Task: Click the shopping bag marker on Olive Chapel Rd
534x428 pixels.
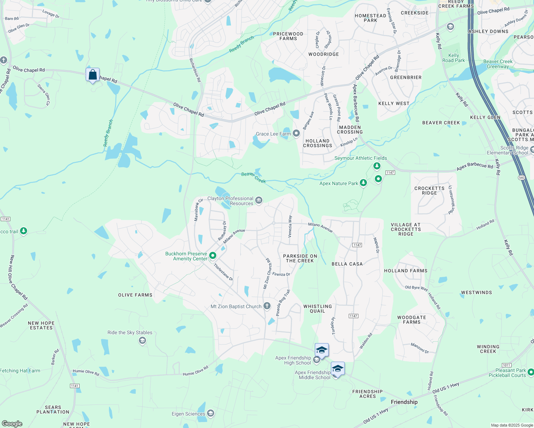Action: tap(93, 75)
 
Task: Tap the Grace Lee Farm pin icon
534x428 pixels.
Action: tap(296, 133)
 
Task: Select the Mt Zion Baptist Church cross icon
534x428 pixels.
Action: tap(267, 306)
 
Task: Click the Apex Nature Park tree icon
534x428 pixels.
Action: tap(363, 183)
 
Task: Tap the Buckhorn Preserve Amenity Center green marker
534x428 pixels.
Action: tap(213, 255)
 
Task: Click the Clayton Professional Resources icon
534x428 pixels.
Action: tap(259, 200)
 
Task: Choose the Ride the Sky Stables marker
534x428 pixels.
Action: tap(142, 341)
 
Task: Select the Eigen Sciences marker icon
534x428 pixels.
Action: tap(211, 413)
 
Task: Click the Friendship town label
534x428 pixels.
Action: tap(404, 402)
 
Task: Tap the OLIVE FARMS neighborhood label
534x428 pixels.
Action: tap(135, 295)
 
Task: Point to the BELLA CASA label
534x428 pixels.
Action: tap(347, 264)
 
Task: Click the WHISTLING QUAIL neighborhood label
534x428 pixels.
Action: tap(317, 309)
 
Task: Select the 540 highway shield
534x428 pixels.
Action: tap(522, 178)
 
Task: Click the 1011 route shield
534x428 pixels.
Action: tap(507, 365)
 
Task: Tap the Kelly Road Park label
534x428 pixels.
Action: tap(453, 58)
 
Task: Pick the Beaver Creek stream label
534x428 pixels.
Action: tap(253, 177)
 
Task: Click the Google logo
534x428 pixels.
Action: tap(12, 424)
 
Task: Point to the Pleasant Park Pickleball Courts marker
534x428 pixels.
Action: tap(531, 372)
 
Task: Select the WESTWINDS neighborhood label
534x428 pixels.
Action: tap(477, 292)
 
